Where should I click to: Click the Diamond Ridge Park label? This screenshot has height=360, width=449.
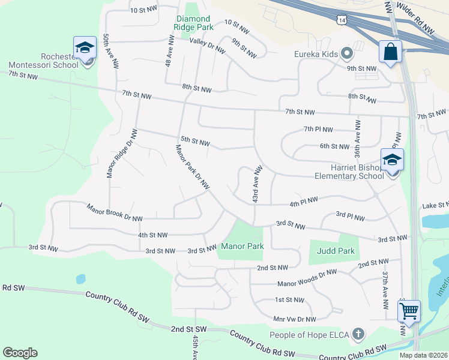[x=193, y=23]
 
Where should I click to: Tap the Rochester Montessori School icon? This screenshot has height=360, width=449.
[x=85, y=48]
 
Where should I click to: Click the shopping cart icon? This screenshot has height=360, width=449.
[x=409, y=311]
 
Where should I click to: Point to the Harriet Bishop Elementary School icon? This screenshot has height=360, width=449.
[x=393, y=160]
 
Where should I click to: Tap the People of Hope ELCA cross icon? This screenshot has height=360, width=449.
[x=358, y=334]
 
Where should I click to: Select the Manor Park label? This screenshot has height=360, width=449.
[x=243, y=246]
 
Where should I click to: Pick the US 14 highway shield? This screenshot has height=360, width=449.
[x=342, y=20]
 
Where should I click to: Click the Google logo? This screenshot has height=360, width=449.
[x=20, y=352]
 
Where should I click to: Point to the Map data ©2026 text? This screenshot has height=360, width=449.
[x=423, y=355]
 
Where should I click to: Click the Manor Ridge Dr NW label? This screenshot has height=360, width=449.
[x=118, y=156]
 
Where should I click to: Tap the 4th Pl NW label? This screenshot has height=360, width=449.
[x=303, y=202]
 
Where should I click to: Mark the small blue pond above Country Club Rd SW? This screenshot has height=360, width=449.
[x=80, y=279]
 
